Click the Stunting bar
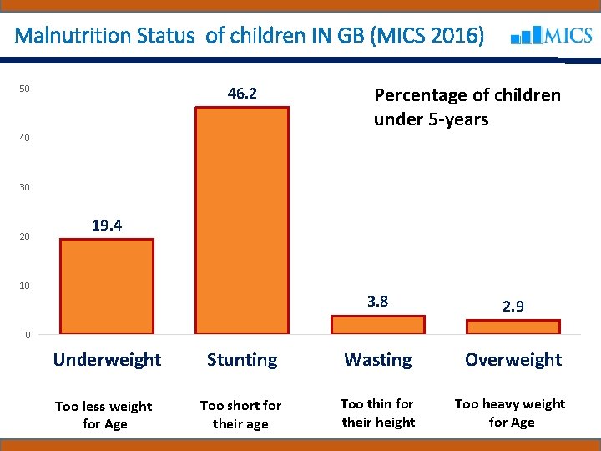pos(241,220)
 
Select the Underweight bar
pos(107,286)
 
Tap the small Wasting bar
pos(377,325)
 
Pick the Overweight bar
pos(513,327)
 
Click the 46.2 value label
pos(242,94)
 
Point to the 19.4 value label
pos(108,225)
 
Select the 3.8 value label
pos(377,302)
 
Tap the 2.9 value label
pos(513,307)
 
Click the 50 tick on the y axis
pos(25,89)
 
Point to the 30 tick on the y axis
pos(25,187)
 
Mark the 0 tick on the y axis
pos(28,336)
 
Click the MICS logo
pos(551,36)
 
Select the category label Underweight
pos(107,360)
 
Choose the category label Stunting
pos(242,360)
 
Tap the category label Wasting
pos(378,360)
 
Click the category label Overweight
pos(513,360)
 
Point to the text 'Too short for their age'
pos(240,414)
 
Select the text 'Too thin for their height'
pos(378,413)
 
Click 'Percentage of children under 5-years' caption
pos(467,107)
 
